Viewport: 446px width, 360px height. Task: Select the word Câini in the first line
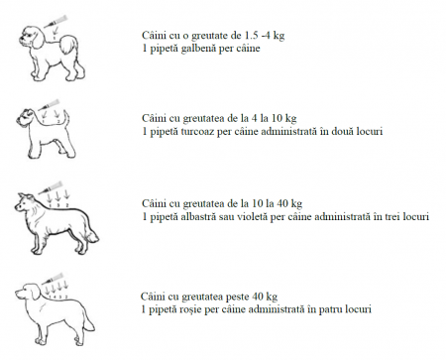(x=155, y=36)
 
